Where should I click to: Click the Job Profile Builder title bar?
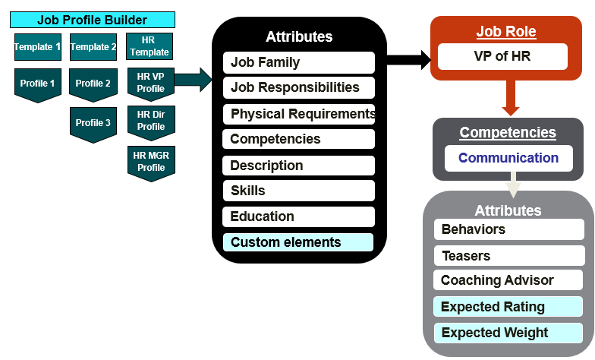[92, 21]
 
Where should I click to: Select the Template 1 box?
[37, 47]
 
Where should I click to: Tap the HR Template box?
[150, 46]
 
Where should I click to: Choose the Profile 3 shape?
[93, 123]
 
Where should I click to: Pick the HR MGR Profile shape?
[150, 162]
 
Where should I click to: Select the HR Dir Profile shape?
[150, 121]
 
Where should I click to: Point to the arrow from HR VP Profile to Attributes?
[194, 79]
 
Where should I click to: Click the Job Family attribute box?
[298, 62]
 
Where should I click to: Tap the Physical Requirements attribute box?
[298, 114]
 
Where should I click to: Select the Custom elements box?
[298, 242]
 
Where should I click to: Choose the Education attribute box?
[298, 216]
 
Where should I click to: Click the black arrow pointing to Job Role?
[410, 58]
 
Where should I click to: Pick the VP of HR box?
[502, 56]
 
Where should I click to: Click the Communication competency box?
[508, 158]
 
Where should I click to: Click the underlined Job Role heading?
[506, 32]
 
